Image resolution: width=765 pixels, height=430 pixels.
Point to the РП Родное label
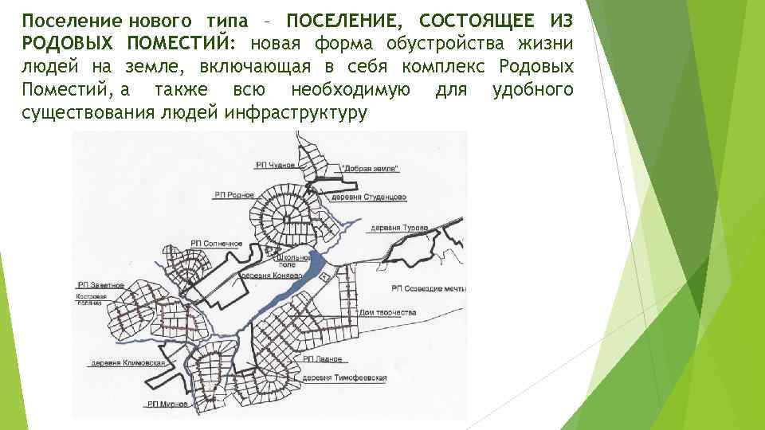click(x=234, y=194)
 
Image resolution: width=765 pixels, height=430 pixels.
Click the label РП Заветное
click(x=101, y=284)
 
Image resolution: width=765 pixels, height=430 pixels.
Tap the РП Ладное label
click(x=323, y=360)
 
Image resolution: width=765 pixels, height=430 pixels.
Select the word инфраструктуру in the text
click(x=296, y=112)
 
